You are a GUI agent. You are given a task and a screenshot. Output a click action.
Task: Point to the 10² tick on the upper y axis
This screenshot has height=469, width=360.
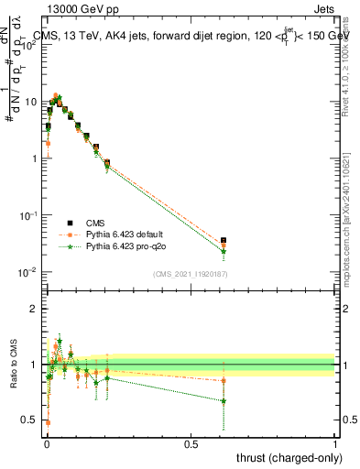[29, 45]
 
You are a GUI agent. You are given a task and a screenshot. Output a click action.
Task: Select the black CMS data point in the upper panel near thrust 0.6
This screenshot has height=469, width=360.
[224, 240]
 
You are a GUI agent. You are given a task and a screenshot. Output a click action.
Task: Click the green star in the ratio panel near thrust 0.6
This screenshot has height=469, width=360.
[224, 400]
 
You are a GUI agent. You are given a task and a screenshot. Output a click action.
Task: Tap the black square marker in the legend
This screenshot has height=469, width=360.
[70, 223]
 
